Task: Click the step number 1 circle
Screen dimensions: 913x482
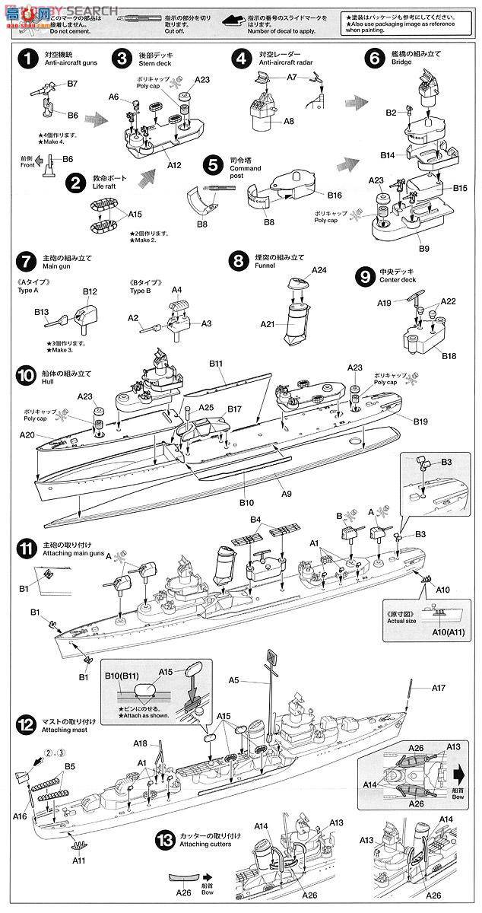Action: coord(27,59)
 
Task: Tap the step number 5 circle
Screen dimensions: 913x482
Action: coord(214,165)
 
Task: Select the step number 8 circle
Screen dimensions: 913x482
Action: coord(238,262)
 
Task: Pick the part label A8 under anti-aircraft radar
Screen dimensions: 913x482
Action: coord(289,122)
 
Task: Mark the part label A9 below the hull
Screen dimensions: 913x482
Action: coord(286,494)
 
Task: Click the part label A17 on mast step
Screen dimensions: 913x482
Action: coord(438,687)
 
